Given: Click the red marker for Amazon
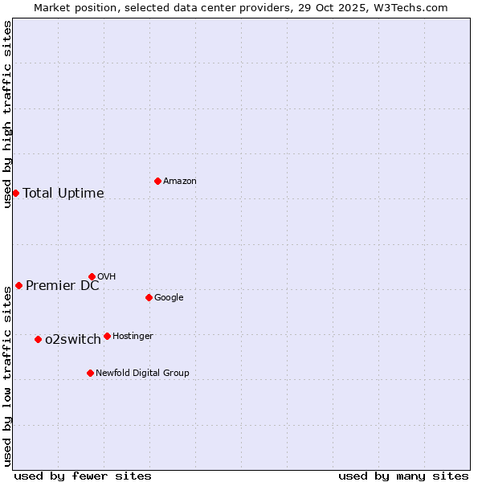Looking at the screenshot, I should (x=157, y=181).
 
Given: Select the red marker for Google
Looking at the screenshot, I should (x=149, y=297).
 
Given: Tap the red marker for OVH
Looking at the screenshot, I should (x=92, y=276).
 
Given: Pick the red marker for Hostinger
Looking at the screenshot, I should (x=107, y=336).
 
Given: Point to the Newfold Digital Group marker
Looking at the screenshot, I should (x=90, y=373).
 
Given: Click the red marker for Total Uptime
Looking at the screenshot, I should (x=15, y=193).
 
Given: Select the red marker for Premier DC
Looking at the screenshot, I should (x=18, y=285).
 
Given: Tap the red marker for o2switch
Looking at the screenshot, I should (x=38, y=339).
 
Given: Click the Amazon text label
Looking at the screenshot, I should (x=180, y=182).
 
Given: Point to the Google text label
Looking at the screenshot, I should (x=169, y=298).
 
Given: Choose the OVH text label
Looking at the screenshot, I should (x=106, y=277).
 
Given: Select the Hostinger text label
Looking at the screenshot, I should (x=133, y=337).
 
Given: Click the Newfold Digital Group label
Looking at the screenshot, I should (x=142, y=374).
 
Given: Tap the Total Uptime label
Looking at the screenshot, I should (x=63, y=194).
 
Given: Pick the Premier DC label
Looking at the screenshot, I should (x=63, y=286).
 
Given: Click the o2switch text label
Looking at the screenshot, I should (x=73, y=340).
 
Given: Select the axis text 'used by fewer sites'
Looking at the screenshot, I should (x=83, y=476).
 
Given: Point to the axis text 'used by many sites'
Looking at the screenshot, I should (x=403, y=476).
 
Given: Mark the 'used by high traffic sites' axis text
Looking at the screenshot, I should (x=8, y=114).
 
